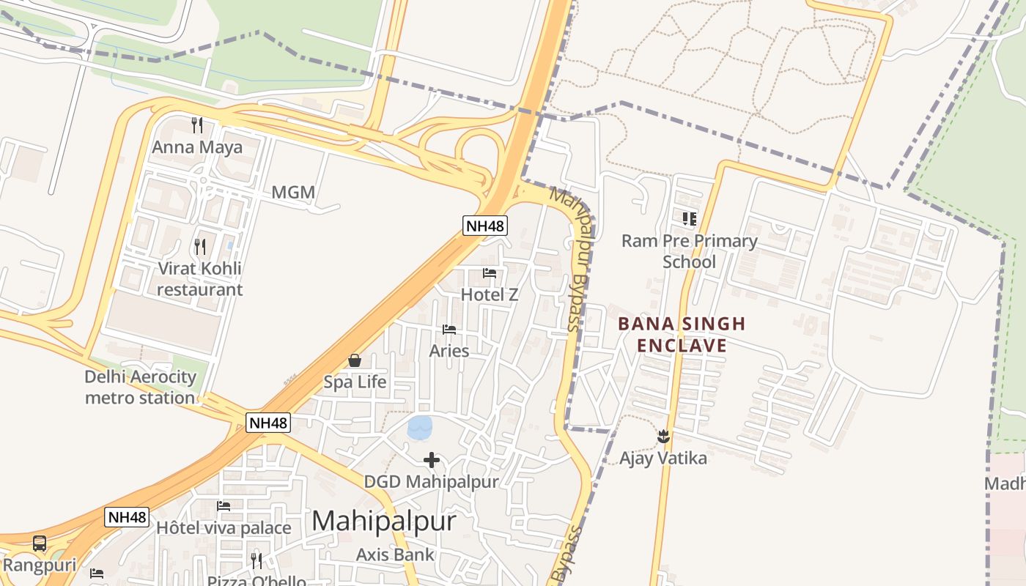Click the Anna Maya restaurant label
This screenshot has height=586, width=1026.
tap(196, 147)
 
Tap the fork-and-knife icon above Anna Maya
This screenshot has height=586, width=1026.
tap(196, 125)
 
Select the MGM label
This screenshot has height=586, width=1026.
tap(293, 193)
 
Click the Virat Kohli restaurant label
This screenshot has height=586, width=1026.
tap(199, 278)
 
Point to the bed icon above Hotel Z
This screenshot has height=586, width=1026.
tap(490, 273)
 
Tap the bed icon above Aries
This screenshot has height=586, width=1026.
tap(449, 330)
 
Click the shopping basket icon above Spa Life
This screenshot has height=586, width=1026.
tap(355, 360)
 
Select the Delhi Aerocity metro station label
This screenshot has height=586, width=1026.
tap(140, 387)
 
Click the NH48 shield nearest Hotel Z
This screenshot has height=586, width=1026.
tap(485, 226)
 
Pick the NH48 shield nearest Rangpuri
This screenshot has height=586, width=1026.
tap(128, 517)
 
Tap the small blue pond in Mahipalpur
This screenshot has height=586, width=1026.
tap(420, 427)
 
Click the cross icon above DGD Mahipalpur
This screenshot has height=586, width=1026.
tap(432, 460)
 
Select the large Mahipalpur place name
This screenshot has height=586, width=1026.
tap(384, 521)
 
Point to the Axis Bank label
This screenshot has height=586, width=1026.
tap(395, 555)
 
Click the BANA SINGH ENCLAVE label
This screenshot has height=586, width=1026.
tap(682, 334)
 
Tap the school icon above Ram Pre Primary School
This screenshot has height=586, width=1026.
tap(689, 218)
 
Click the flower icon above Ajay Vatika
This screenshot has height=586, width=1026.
tap(663, 437)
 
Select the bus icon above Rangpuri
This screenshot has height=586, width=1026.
tap(40, 544)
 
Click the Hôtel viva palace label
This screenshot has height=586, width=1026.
tap(224, 527)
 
